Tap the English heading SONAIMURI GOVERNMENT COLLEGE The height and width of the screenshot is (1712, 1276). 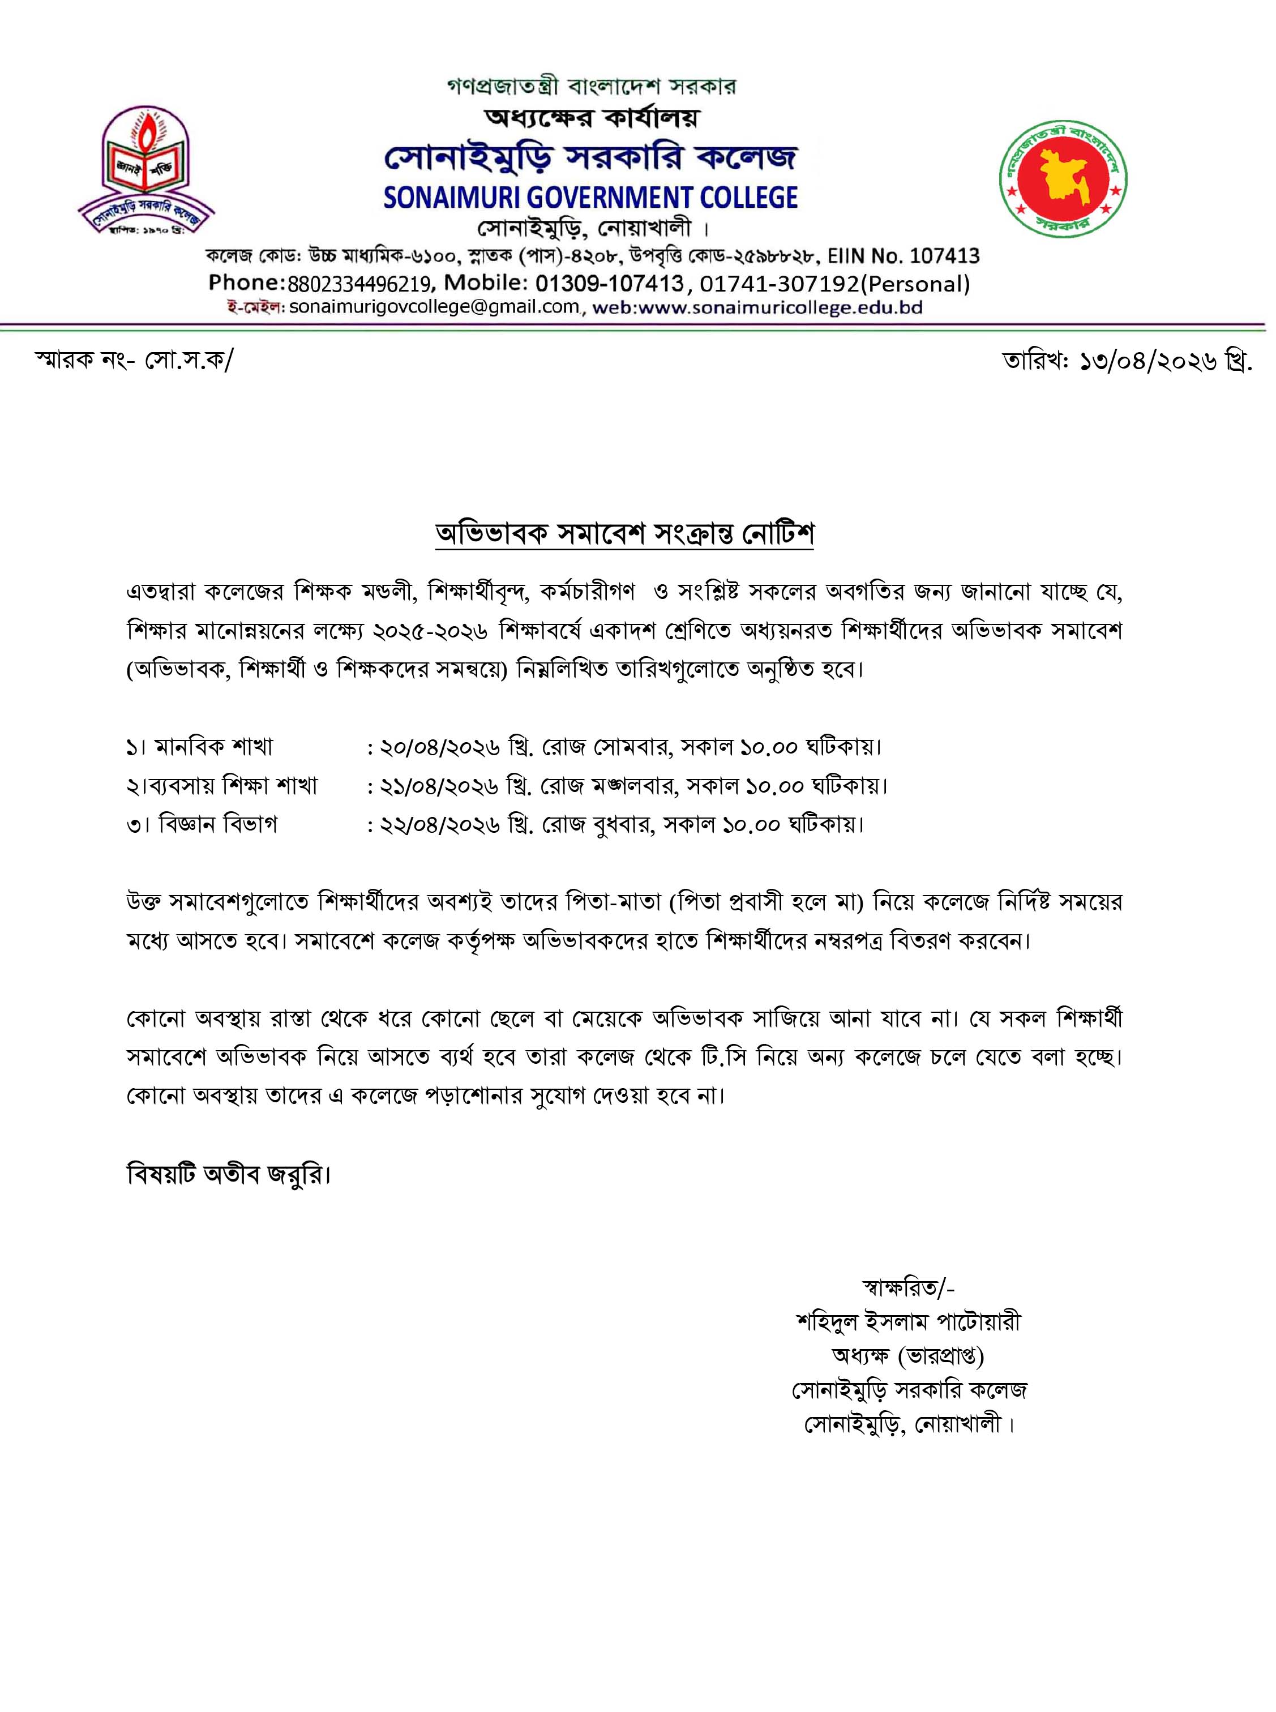[x=591, y=197]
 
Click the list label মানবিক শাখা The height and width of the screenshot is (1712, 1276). [x=214, y=747]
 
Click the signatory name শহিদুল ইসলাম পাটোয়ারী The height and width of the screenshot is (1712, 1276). [x=909, y=1321]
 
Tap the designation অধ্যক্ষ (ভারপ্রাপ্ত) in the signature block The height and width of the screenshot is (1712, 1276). [x=909, y=1355]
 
